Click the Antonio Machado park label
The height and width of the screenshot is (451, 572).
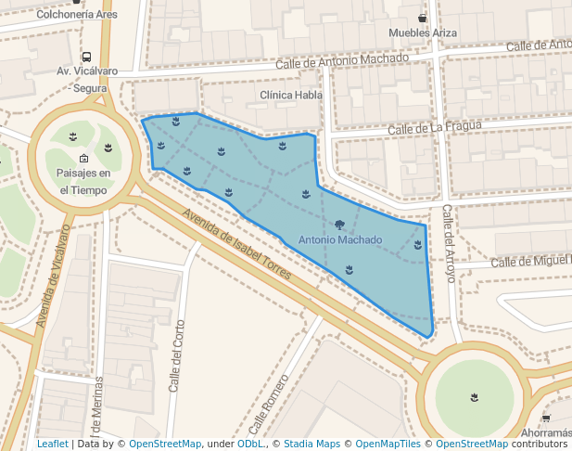pyautogui.click(x=340, y=240)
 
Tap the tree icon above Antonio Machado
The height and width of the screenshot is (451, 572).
pyautogui.click(x=340, y=225)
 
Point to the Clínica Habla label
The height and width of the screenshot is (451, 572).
pyautogui.click(x=291, y=96)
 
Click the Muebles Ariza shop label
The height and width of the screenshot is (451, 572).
pyautogui.click(x=423, y=32)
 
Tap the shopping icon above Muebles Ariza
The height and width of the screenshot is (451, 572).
pyautogui.click(x=423, y=18)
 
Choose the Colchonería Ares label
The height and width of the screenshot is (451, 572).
pyautogui.click(x=76, y=15)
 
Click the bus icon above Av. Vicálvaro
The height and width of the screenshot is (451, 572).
pyautogui.click(x=86, y=57)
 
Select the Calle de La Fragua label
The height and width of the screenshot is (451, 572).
pyautogui.click(x=435, y=127)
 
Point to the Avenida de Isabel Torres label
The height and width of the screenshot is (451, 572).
pyautogui.click(x=236, y=244)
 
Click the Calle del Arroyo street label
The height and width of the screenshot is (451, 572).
pyautogui.click(x=448, y=239)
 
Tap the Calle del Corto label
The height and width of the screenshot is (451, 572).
pyautogui.click(x=176, y=355)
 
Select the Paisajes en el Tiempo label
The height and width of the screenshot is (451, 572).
pyautogui.click(x=83, y=181)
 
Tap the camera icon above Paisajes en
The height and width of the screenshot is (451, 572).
pyautogui.click(x=83, y=158)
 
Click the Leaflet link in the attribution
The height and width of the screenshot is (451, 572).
pyautogui.click(x=52, y=444)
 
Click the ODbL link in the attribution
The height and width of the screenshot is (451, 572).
pyautogui.click(x=250, y=444)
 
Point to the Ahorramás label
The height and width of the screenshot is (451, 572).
pyautogui.click(x=545, y=433)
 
